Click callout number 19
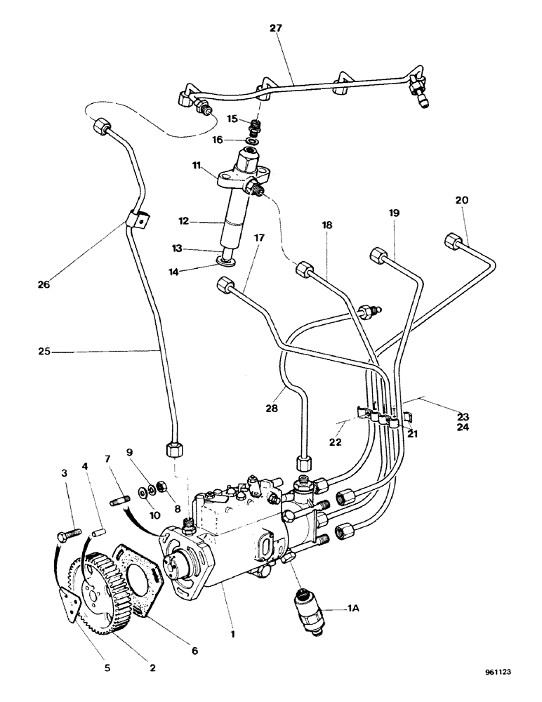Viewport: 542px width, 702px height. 393,211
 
